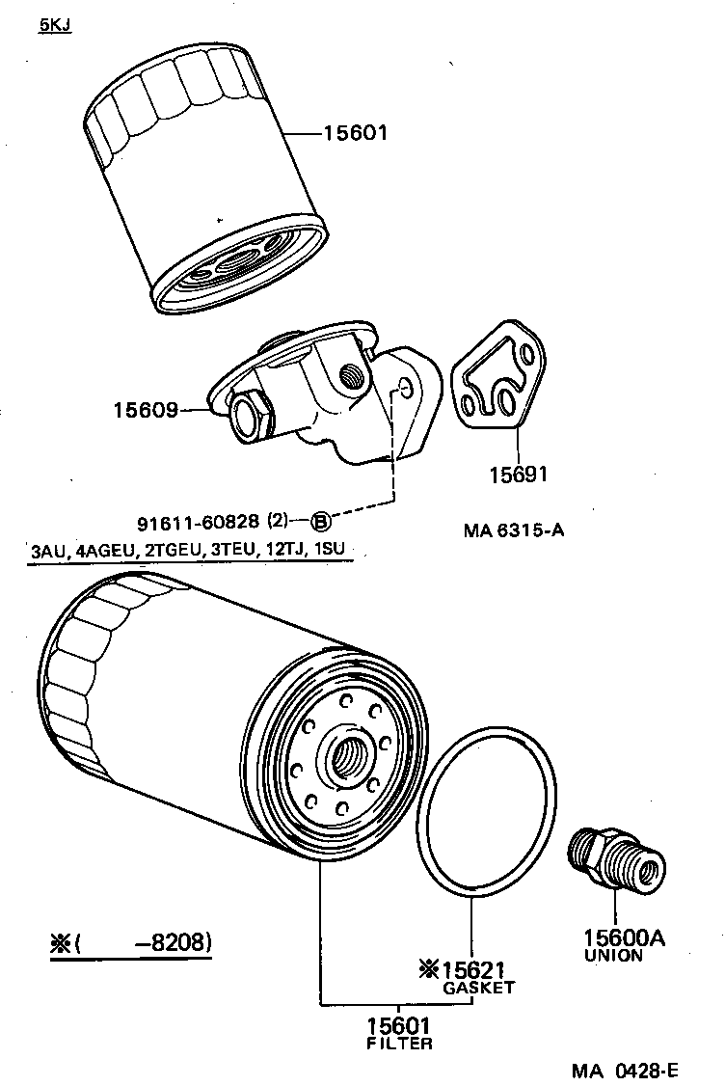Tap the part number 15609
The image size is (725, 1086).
point(146,411)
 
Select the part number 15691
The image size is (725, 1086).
point(517,475)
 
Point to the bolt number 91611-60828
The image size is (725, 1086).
point(197,524)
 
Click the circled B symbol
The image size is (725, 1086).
point(320,524)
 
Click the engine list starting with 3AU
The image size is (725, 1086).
point(187,552)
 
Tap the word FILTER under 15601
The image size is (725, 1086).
point(399,1043)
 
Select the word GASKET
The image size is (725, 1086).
point(478,988)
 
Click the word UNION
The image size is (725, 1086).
point(613,956)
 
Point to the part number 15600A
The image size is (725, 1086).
point(623,937)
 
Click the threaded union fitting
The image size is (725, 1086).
point(615,855)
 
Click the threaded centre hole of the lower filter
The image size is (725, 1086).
point(346,756)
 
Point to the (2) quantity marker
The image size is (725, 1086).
point(277,523)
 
